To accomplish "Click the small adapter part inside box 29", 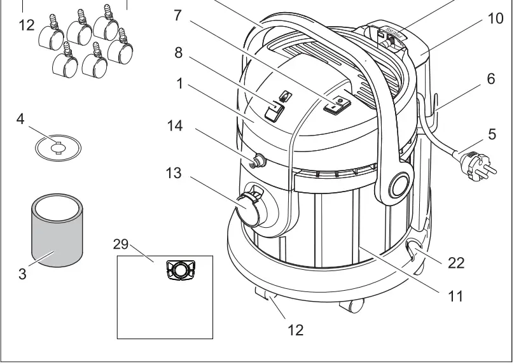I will click(181, 270).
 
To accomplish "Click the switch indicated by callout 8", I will click(274, 112).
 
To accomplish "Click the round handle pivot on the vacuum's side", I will click(399, 186).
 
